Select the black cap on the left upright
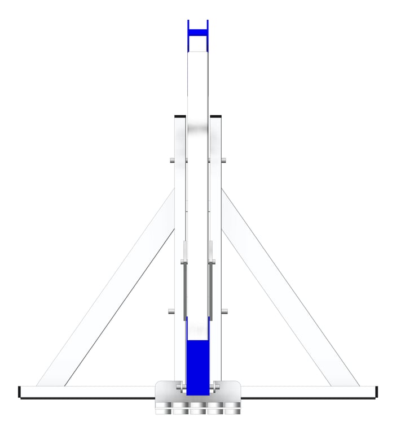click(x=180, y=116)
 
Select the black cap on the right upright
click(x=215, y=116)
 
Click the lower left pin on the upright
click(x=171, y=311)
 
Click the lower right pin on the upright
click(x=225, y=311)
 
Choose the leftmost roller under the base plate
click(x=163, y=409)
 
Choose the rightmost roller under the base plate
click(x=232, y=409)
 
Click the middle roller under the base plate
click(x=197, y=409)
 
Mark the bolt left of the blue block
click(x=182, y=388)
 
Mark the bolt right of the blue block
click(x=213, y=388)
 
